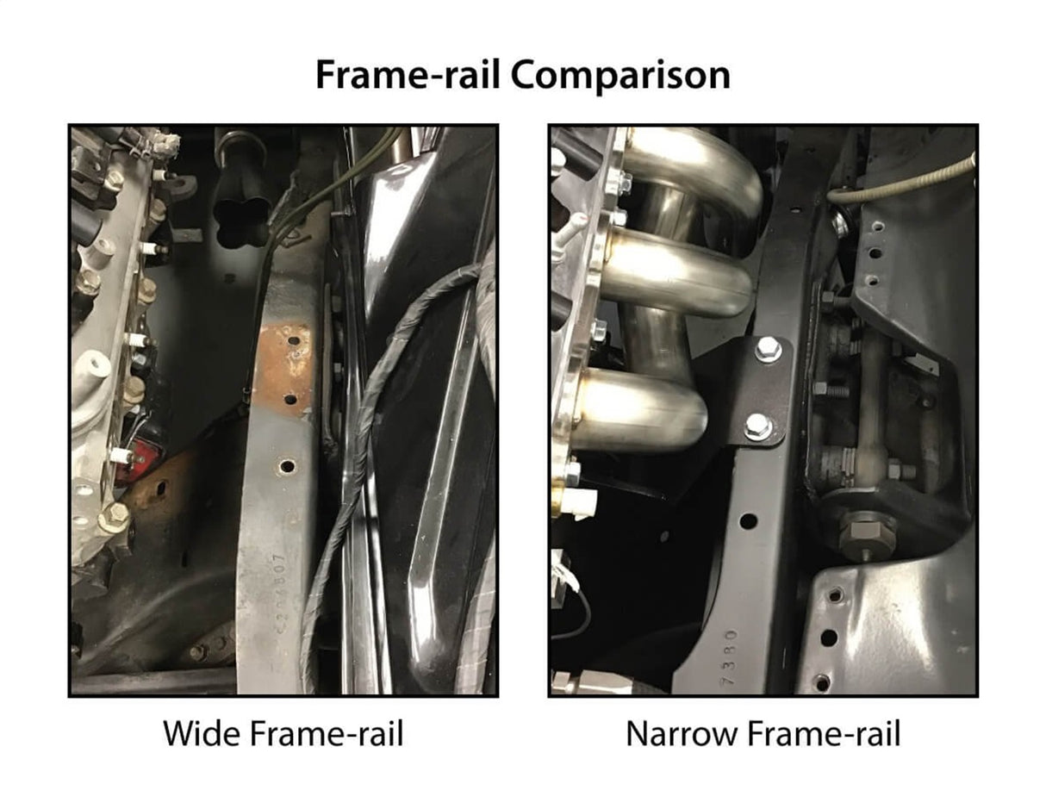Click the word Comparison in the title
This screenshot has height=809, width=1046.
click(x=620, y=76)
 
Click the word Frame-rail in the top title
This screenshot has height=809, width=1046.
click(x=409, y=76)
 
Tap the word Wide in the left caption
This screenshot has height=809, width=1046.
click(x=202, y=735)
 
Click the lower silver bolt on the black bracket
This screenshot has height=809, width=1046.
click(x=758, y=426)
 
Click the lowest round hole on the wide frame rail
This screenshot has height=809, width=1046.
click(x=287, y=466)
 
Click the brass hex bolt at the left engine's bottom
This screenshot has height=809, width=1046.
click(x=114, y=518)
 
